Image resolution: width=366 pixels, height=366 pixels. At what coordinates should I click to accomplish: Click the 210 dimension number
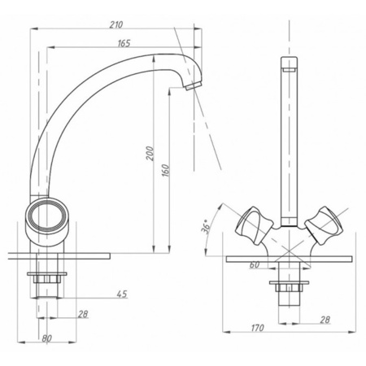(116, 24)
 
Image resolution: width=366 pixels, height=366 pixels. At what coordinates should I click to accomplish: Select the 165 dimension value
(124, 43)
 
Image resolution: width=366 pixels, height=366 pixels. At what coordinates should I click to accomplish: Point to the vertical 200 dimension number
(150, 154)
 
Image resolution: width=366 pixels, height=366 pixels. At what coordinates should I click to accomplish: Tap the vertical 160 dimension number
(166, 171)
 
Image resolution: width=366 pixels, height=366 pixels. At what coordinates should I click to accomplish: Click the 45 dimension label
(122, 294)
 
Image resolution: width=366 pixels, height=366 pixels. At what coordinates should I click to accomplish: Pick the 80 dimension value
(46, 338)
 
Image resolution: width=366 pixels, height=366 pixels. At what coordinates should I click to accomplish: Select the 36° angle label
(206, 227)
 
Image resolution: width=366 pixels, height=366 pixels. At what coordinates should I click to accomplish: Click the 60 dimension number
(255, 265)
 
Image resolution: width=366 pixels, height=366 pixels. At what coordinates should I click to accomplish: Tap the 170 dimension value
(257, 328)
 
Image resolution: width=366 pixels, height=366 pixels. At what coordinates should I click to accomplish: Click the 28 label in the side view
(83, 314)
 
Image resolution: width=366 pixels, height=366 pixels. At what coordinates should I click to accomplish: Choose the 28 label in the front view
(325, 320)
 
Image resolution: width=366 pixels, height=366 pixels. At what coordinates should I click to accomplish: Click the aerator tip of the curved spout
(193, 86)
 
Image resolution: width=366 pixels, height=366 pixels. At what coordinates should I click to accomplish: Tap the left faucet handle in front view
(254, 226)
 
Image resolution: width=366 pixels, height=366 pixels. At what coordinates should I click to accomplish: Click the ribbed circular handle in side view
(47, 219)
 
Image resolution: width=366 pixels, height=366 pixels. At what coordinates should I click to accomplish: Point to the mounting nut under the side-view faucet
(47, 277)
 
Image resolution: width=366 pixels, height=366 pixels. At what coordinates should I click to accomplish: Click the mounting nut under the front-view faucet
(289, 286)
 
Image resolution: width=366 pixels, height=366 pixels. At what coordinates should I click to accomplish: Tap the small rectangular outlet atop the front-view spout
(289, 70)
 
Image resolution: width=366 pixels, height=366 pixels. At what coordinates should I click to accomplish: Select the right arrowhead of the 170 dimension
(352, 332)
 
